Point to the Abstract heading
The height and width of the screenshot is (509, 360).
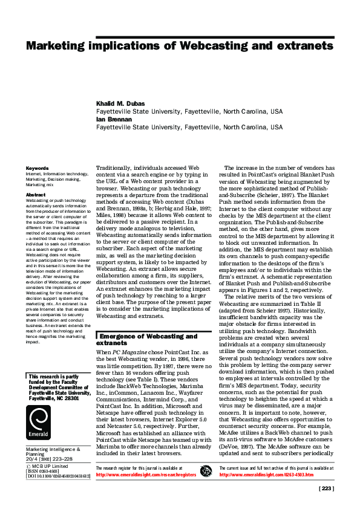click(x=36, y=195)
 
